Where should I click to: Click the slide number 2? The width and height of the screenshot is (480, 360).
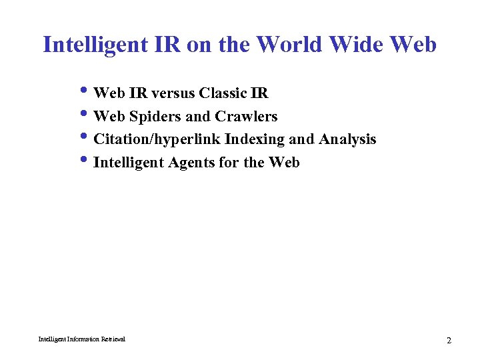(449, 341)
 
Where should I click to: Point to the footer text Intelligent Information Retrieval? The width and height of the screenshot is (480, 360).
(81, 339)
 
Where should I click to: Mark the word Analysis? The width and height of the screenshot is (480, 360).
(347, 140)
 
